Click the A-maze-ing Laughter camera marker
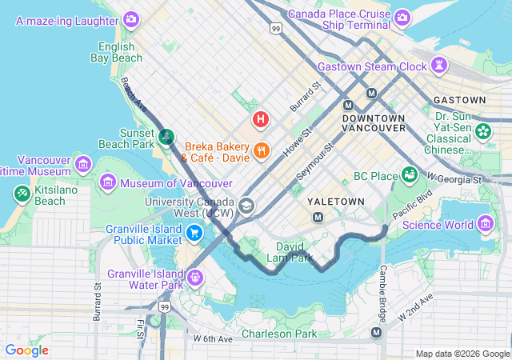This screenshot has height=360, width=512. click(x=131, y=18)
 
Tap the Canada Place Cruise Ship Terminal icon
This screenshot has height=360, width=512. click(x=402, y=17)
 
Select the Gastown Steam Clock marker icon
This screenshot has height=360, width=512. click(x=438, y=65)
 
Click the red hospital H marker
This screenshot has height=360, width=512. click(x=260, y=120)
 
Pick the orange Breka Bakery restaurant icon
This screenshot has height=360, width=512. click(x=261, y=150)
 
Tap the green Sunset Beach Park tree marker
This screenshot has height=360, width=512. click(x=166, y=136)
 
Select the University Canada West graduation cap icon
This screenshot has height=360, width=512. click(x=246, y=206)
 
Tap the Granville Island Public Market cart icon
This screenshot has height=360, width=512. click(x=194, y=233)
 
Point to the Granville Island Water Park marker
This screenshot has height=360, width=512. click(x=194, y=277)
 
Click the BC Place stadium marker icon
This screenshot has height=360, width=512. click(x=410, y=174)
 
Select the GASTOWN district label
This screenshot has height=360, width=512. click(x=459, y=100)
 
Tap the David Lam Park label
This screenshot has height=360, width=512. click(x=294, y=252)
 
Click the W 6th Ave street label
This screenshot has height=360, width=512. click(x=213, y=339)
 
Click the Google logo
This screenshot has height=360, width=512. click(x=27, y=350)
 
